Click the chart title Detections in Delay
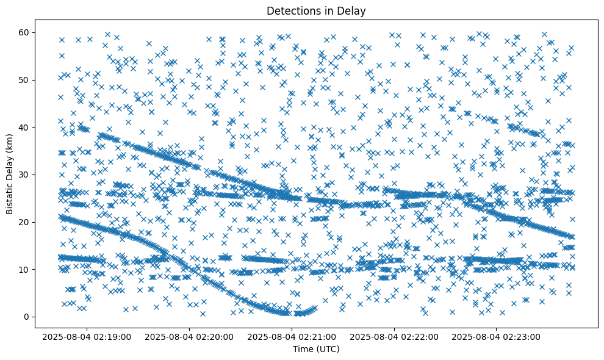(316, 10)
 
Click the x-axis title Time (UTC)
(316, 349)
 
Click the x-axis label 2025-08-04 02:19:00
(88, 336)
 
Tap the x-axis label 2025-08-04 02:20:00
(190, 336)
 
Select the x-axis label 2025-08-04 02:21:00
(292, 336)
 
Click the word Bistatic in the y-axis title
(10, 196)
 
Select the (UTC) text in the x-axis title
(328, 349)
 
